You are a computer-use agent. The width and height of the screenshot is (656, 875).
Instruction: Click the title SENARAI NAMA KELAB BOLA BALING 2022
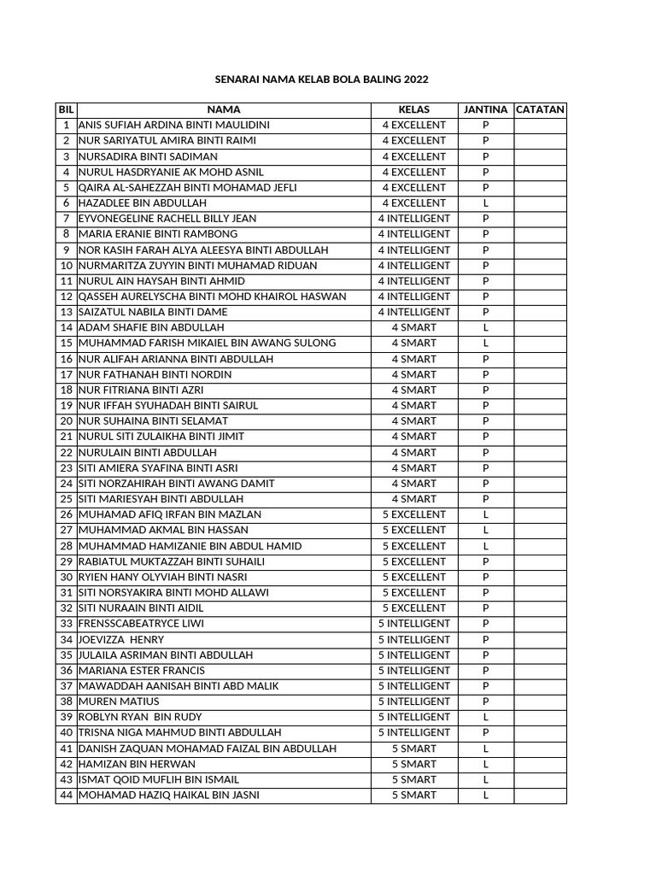pos(320,79)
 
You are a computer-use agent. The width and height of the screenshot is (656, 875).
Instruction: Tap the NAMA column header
pos(224,109)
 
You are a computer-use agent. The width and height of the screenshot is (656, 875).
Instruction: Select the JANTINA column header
pos(485,109)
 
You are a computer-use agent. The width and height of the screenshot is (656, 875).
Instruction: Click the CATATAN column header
pos(540,109)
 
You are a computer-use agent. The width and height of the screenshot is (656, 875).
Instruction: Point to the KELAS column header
pos(414,109)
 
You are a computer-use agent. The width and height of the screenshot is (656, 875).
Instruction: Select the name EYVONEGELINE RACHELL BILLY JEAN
pos(167,219)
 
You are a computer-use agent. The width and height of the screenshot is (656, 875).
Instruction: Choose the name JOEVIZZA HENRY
pos(121,639)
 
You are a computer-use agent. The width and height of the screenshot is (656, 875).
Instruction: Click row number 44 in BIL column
pos(66,795)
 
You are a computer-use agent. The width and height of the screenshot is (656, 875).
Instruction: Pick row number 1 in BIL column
pos(66,126)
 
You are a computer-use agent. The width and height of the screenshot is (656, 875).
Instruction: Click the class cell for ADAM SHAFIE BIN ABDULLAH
pos(414,327)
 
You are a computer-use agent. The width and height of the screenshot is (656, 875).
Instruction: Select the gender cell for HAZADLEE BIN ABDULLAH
pos(485,203)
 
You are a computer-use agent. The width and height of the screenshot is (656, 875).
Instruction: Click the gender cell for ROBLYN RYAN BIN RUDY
pos(485,717)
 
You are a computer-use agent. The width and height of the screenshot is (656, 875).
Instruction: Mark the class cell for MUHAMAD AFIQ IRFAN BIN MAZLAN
pos(414,514)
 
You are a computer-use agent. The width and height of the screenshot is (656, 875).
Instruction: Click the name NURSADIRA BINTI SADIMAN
pos(148,156)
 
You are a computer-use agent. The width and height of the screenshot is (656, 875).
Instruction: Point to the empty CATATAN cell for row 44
pos(540,795)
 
